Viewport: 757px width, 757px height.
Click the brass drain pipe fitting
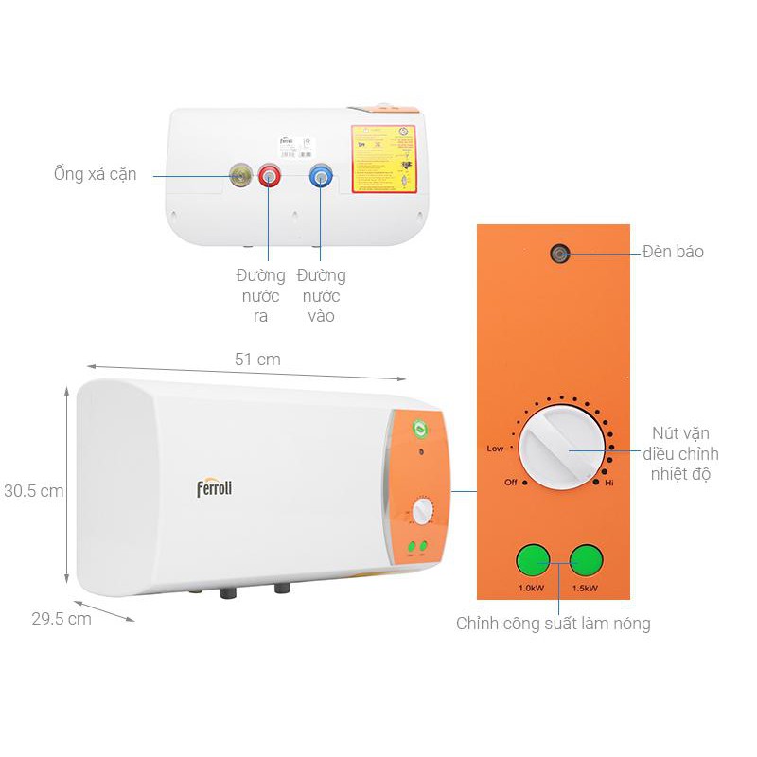pyautogui.click(x=240, y=175)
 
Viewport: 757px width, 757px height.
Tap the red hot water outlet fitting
pyautogui.click(x=270, y=176)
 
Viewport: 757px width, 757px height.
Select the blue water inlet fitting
pyautogui.click(x=321, y=176)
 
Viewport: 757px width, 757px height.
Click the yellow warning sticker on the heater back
pyautogui.click(x=385, y=159)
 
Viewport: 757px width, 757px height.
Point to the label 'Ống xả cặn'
pyautogui.click(x=95, y=174)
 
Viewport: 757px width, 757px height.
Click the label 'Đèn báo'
pyautogui.click(x=673, y=252)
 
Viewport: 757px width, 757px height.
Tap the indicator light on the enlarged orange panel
pyautogui.click(x=561, y=253)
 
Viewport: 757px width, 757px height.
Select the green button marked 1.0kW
pyautogui.click(x=533, y=560)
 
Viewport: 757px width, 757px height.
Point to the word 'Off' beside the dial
pyautogui.click(x=510, y=483)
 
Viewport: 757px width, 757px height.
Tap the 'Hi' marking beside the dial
pyautogui.click(x=610, y=483)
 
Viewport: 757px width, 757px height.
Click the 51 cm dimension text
pyautogui.click(x=257, y=360)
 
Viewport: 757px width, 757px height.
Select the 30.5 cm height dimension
pyautogui.click(x=32, y=491)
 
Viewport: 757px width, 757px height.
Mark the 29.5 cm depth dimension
pyautogui.click(x=61, y=619)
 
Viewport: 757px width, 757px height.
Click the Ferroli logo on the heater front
pyautogui.click(x=214, y=488)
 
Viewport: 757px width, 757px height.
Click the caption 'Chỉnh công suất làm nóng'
pyautogui.click(x=554, y=624)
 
